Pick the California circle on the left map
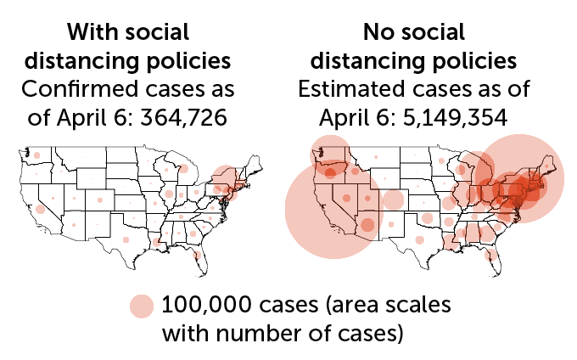(40, 209)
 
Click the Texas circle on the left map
(126, 240)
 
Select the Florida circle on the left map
(197, 254)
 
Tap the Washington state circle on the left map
(36, 155)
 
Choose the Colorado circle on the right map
(393, 200)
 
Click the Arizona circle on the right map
(367, 224)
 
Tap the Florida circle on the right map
(490, 254)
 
